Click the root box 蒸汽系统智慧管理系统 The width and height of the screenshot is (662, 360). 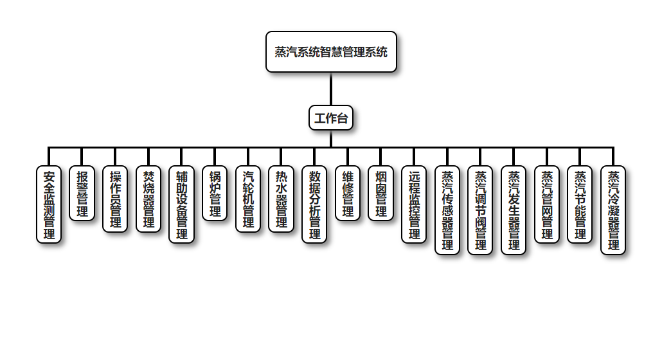tap(331, 52)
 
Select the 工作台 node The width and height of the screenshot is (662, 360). tap(331, 118)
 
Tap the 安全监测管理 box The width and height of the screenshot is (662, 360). tap(49, 204)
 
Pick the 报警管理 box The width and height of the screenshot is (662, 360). tap(82, 194)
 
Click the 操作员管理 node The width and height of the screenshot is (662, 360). tap(116, 199)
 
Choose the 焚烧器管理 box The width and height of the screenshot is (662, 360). tap(148, 199)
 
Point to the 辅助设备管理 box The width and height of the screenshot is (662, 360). tap(182, 204)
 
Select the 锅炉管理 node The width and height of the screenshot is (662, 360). tap(215, 194)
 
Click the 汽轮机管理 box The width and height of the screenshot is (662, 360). tap(248, 199)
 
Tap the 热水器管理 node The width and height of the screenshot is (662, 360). tap(282, 199)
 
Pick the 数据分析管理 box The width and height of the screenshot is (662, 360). tap(314, 204)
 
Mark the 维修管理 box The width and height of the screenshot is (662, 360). tap(348, 194)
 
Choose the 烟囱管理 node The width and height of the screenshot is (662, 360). tap(381, 194)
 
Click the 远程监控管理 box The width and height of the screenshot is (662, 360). tap(414, 204)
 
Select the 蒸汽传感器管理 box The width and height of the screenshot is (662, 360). tap(447, 210)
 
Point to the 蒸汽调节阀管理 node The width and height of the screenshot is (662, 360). tap(480, 210)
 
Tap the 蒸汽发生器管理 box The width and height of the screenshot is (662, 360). tap(514, 210)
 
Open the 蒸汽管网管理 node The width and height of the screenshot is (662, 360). tap(547, 204)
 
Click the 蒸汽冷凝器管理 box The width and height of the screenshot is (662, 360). tap(613, 210)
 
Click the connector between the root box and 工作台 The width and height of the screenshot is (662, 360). tap(331, 89)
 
